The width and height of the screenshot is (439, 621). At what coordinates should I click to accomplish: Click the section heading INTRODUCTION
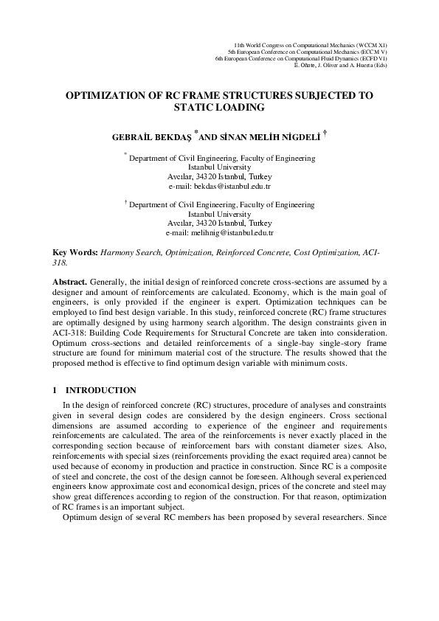point(100,389)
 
